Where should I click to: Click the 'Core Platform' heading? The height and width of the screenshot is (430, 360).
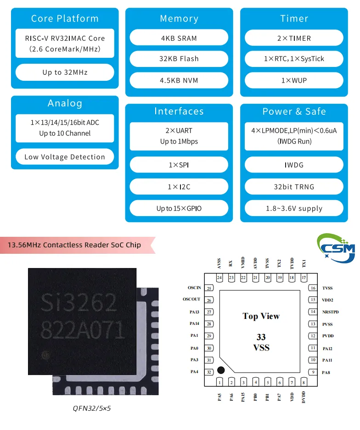[x=65, y=19]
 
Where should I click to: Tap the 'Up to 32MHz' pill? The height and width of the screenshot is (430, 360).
[x=65, y=72]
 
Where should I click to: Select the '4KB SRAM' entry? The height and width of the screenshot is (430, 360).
[x=179, y=38]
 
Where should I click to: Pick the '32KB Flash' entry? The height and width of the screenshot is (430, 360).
[x=179, y=59]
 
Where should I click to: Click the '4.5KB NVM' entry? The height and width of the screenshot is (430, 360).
[x=179, y=80]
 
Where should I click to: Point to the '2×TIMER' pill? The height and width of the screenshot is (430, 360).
[x=294, y=38]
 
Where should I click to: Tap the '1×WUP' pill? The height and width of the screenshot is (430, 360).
[x=294, y=80]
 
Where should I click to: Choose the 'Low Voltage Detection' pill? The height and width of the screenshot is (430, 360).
[x=65, y=157]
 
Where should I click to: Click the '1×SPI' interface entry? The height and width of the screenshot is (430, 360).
[x=179, y=165]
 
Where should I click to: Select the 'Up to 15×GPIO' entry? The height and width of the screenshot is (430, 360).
[x=179, y=208]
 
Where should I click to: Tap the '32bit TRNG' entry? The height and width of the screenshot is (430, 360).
[x=294, y=187]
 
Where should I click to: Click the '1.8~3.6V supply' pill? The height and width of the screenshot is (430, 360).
[x=294, y=208]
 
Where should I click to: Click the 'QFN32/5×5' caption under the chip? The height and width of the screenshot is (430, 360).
[x=92, y=408]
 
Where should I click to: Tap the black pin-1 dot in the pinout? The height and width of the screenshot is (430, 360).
[x=221, y=370]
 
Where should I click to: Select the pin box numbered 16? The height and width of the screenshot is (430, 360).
[x=313, y=288]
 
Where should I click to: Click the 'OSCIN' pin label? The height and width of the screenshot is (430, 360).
[x=194, y=288]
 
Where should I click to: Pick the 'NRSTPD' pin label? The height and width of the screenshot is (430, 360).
[x=331, y=312]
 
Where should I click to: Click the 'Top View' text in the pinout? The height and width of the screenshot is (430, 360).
[x=261, y=316]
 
